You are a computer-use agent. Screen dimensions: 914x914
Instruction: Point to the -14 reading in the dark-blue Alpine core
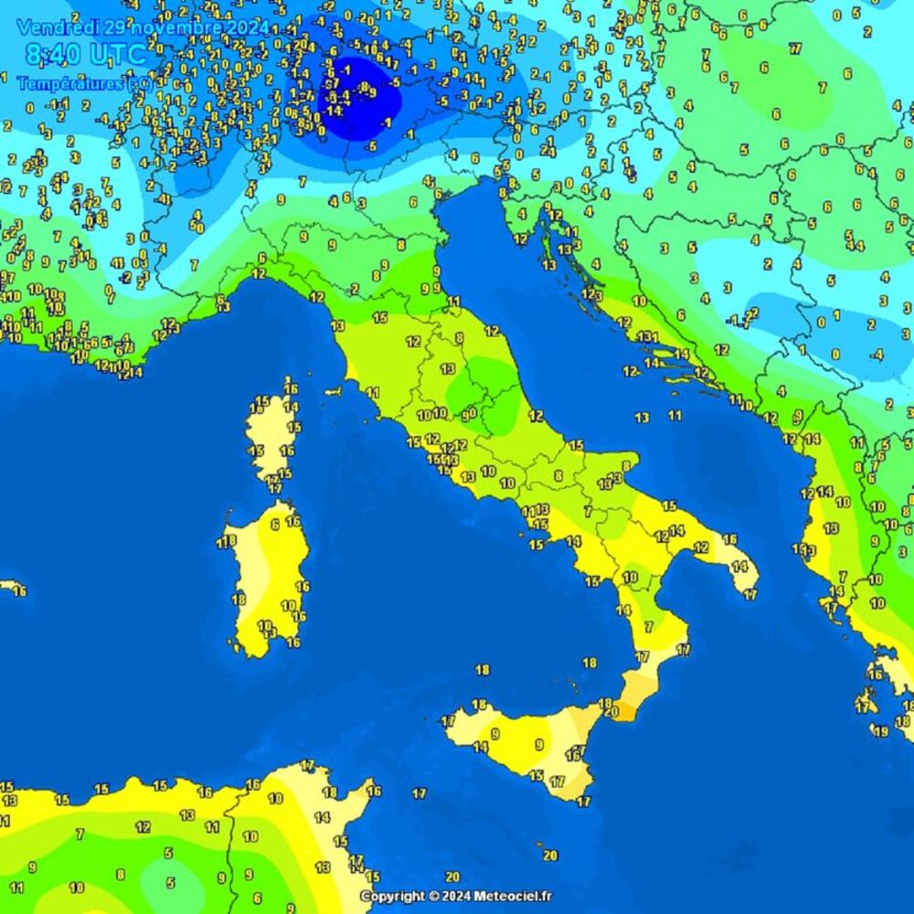[x=334, y=110]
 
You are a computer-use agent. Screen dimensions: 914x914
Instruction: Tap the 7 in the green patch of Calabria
[x=649, y=627]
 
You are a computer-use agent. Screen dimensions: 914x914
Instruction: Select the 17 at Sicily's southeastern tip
[x=582, y=802]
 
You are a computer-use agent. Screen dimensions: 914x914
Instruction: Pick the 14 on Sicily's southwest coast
[x=480, y=747]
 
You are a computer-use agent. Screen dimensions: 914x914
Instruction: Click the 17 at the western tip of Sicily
[x=448, y=721]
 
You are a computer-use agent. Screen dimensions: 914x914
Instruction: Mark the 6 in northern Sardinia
[x=274, y=525]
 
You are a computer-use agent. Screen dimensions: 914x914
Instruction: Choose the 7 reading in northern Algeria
[x=80, y=834]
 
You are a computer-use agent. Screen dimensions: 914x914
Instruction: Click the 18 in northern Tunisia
[x=329, y=792]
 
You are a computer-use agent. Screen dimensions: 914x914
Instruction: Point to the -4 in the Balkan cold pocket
[x=877, y=354]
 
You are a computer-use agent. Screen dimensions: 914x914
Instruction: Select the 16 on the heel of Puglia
[x=729, y=539]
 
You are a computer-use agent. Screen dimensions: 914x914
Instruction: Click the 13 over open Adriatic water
[x=643, y=417]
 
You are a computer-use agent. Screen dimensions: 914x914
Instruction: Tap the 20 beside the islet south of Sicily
[x=549, y=856]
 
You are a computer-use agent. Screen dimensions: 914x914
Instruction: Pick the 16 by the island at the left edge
[x=20, y=591]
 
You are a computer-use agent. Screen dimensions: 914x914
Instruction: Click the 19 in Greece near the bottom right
[x=880, y=731]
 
